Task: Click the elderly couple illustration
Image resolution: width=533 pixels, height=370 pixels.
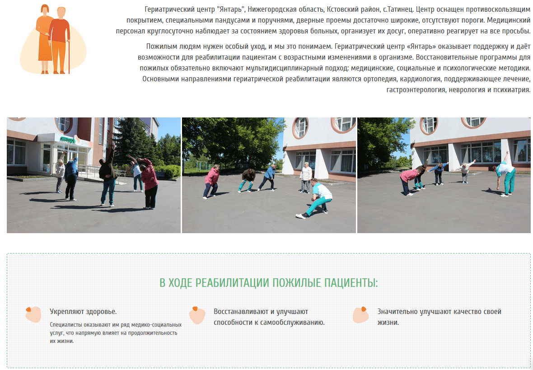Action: coord(53,39)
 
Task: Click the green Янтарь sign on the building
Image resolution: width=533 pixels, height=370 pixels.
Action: coord(68,139)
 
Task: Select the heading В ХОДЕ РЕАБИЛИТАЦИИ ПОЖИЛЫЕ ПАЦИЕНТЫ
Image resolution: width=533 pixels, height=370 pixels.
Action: coord(269,283)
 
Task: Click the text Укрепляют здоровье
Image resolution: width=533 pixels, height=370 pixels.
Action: coord(83,312)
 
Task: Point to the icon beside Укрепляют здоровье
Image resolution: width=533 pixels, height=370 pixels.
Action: coord(33,314)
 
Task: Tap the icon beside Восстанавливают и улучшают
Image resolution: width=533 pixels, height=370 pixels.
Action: coord(197,315)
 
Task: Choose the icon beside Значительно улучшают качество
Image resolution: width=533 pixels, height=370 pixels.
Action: coord(360,314)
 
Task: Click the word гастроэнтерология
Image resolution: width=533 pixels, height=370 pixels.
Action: coord(416,90)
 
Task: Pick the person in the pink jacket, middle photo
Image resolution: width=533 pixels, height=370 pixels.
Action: coord(211,181)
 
